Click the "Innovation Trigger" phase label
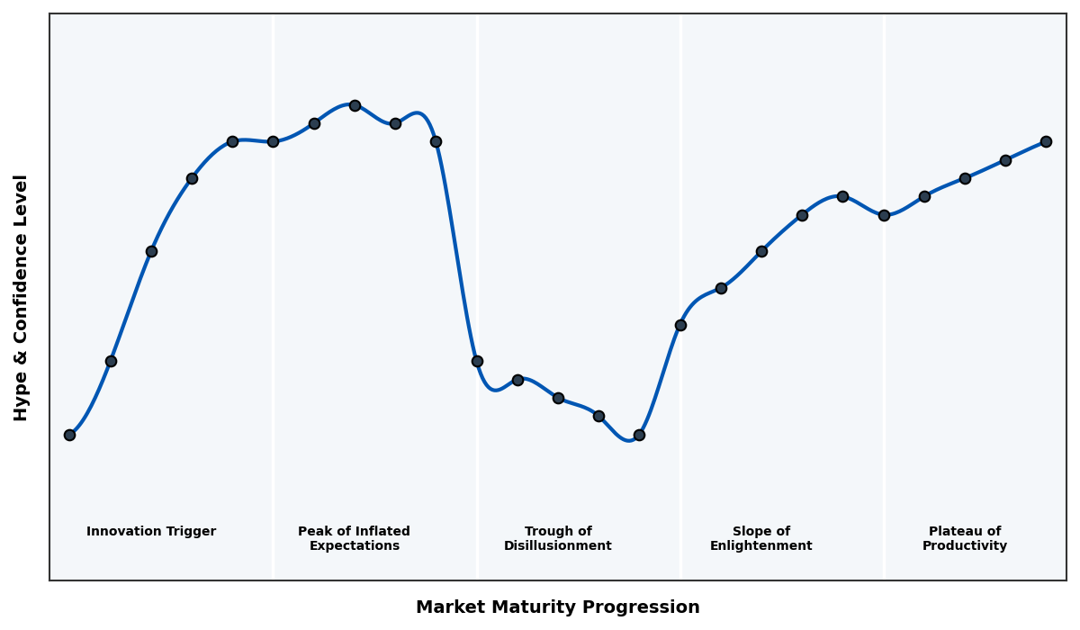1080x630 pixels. point(151,532)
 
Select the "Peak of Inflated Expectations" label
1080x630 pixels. point(354,538)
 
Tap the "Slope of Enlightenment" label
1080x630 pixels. point(760,538)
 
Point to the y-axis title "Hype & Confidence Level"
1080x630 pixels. point(22,297)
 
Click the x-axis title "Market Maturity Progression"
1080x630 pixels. point(557,607)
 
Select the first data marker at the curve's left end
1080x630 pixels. point(69,435)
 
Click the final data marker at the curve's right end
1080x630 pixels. point(1046,141)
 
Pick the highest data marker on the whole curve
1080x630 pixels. point(355,105)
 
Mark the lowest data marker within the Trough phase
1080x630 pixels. point(639,435)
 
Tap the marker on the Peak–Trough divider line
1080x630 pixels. point(477,361)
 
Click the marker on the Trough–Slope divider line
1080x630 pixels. point(680,325)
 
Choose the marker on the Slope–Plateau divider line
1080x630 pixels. point(884,215)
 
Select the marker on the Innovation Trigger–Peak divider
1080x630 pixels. point(273,141)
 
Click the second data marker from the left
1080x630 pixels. point(111,361)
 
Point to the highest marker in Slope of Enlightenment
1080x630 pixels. point(842,196)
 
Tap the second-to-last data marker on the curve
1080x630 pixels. point(1005,160)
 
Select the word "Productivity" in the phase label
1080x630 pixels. point(965,546)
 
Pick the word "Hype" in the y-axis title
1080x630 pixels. point(22,400)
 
